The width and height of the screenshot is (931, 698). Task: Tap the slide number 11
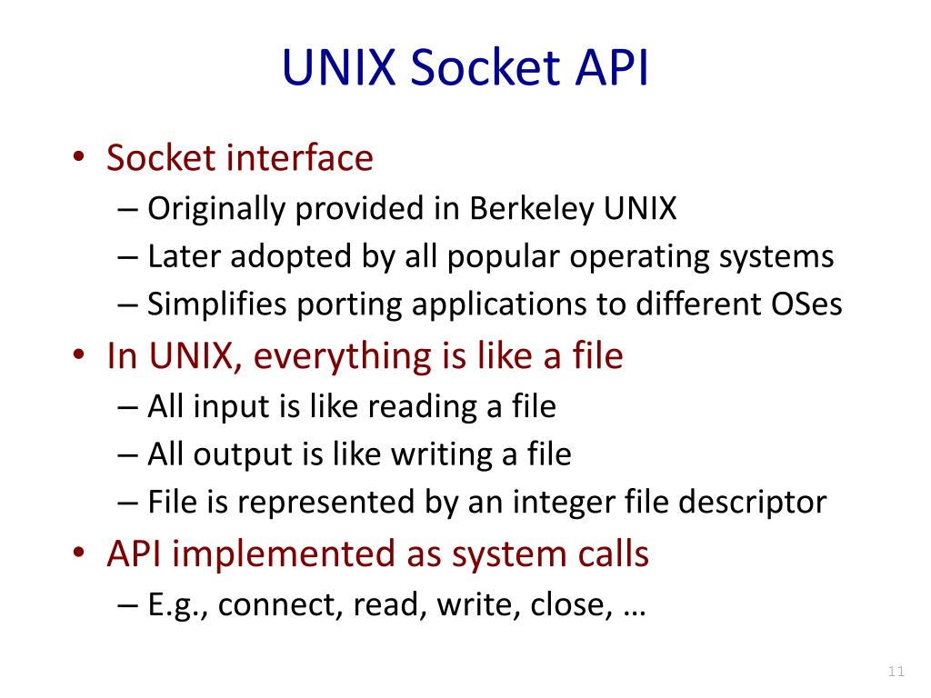[x=896, y=673]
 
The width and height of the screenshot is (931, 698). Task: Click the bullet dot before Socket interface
[x=80, y=160]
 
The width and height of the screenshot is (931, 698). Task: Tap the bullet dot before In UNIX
[x=80, y=357]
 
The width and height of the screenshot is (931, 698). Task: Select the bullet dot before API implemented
[x=80, y=554]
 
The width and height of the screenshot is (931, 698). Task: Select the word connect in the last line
[x=275, y=605]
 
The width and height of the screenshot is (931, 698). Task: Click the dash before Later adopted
[x=127, y=258]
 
